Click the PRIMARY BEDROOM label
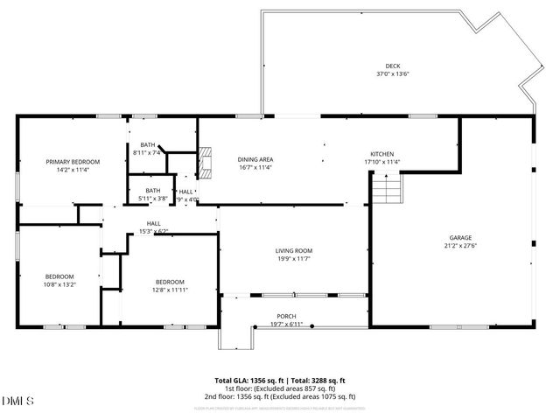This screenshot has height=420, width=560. coord(73,162)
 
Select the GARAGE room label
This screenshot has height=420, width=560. coord(461,238)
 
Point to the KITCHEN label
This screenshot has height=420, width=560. coord(382,154)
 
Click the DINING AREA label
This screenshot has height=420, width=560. coord(255,159)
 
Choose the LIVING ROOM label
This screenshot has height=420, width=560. coord(294,251)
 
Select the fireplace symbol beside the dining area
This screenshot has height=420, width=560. coord(206,164)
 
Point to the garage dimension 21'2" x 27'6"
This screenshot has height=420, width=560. coord(461,246)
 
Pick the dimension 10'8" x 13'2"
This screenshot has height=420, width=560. coord(59,284)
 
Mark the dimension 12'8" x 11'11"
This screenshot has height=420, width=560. coord(171,290)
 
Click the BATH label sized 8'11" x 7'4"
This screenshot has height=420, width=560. coord(147,145)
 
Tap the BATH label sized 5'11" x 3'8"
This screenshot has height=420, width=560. coord(153,191)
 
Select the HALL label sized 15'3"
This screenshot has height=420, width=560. coord(153,224)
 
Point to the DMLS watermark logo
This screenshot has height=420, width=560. coord(17,401)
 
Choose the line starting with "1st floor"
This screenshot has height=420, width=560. coord(280,388)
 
